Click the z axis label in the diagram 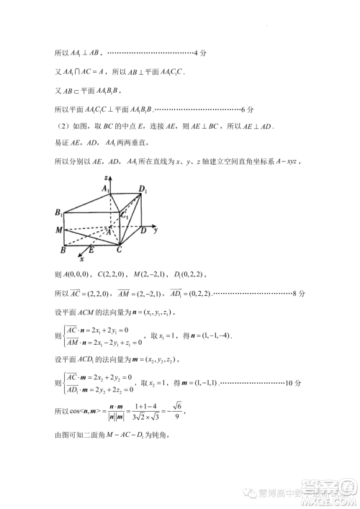click(x=107, y=176)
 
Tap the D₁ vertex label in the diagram click(x=144, y=191)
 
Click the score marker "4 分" click(x=201, y=53)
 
